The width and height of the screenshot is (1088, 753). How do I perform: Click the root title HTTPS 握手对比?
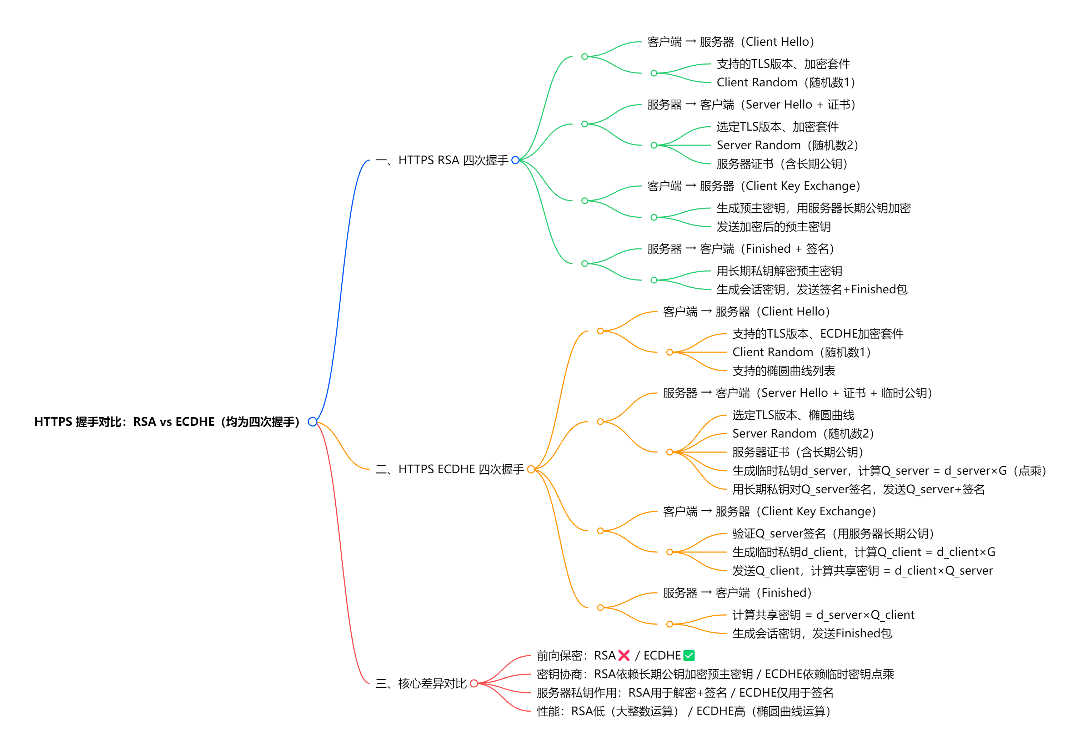point(167,421)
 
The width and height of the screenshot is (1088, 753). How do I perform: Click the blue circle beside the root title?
point(312,421)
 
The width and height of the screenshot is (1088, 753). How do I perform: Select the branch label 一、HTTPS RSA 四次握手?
point(442,160)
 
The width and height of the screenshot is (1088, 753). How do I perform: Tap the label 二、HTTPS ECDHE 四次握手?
point(449,469)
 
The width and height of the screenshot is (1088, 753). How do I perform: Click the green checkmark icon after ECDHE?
point(689,655)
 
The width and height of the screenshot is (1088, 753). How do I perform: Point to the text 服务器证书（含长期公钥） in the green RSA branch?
point(782,164)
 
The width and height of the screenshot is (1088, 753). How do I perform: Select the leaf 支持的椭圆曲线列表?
point(783,371)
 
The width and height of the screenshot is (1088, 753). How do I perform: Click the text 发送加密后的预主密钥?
point(773,227)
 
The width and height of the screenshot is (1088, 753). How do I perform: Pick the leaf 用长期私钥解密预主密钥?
point(779,271)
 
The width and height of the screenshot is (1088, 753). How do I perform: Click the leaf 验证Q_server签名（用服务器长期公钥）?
point(833,534)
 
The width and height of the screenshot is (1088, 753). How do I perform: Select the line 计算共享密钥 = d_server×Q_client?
point(823,615)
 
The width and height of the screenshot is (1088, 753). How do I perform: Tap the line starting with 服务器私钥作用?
point(685,693)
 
